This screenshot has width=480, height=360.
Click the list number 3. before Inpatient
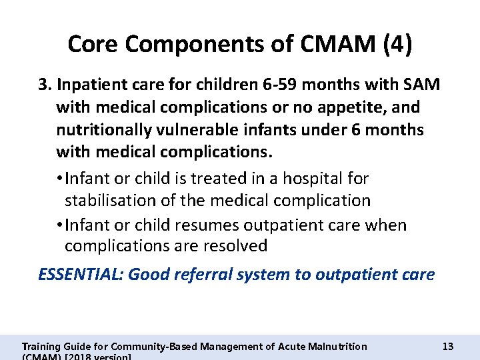pyautogui.click(x=45, y=85)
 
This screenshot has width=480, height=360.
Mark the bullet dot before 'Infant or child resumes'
pyautogui.click(x=61, y=225)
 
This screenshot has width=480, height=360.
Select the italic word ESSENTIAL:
pyautogui.click(x=81, y=274)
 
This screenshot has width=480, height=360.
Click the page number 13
pyautogui.click(x=447, y=346)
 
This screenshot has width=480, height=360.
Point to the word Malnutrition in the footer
pyautogui.click(x=337, y=346)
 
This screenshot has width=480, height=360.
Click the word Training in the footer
pyautogui.click(x=41, y=346)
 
